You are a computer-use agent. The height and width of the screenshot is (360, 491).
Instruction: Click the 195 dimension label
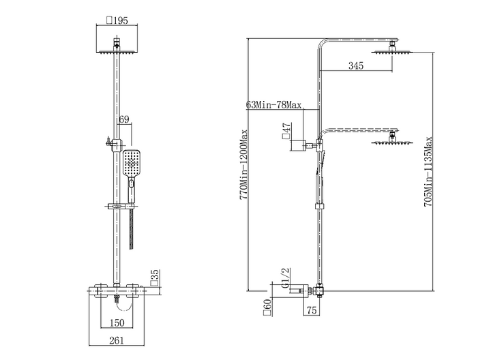[x=117, y=20]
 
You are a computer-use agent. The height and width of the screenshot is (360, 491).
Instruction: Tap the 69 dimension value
[x=124, y=119]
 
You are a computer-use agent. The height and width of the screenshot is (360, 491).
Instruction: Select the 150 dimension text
[x=117, y=322]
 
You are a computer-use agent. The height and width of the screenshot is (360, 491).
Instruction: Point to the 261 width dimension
[x=117, y=340]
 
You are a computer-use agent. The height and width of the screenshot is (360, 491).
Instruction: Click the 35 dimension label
[x=155, y=278]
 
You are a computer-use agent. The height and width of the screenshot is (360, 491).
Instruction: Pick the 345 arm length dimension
[x=356, y=65]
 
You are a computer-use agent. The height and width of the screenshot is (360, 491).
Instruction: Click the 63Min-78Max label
[x=273, y=104]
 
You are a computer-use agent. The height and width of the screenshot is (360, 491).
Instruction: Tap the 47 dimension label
[x=286, y=130]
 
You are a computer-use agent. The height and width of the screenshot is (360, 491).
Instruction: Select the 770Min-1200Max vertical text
[x=243, y=165]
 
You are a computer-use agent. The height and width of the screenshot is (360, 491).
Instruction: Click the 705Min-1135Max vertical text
[x=428, y=172]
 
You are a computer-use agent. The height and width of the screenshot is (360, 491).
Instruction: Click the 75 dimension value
[x=312, y=310]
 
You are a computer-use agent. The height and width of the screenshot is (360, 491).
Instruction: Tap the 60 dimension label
[x=267, y=307]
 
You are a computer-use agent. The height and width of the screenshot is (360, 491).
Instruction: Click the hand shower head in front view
[x=132, y=164]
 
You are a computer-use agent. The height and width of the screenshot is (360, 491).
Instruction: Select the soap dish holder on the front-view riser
[x=121, y=207]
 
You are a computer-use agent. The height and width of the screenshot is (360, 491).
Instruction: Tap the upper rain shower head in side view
[x=392, y=50]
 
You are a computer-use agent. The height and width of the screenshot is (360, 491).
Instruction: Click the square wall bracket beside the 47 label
[x=299, y=145]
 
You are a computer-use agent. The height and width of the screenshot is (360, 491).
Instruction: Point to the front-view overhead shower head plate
[x=117, y=52]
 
